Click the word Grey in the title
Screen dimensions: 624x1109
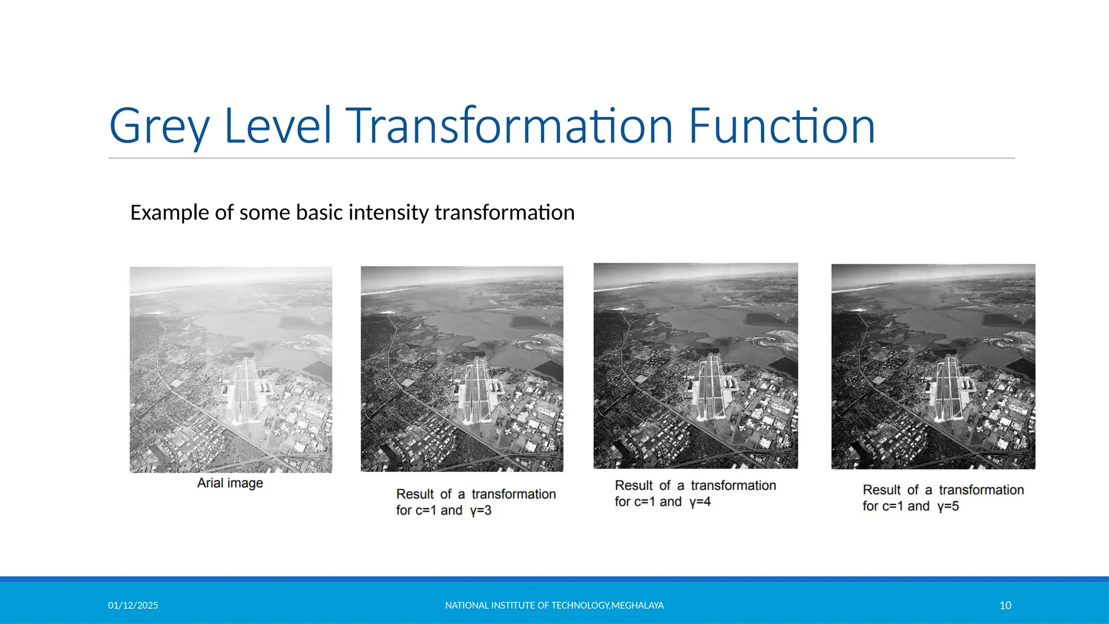[x=159, y=127]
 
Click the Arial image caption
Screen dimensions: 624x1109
[x=230, y=483]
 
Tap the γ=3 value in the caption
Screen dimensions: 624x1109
[x=481, y=511]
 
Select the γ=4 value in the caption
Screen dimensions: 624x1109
[x=700, y=502]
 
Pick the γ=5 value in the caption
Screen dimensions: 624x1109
[x=948, y=506]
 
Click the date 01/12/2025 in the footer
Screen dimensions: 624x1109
[x=133, y=606]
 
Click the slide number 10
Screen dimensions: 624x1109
[x=1005, y=606]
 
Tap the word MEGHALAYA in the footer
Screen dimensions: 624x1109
[x=637, y=606]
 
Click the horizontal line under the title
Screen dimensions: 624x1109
[x=562, y=158]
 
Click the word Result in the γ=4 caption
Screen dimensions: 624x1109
[x=634, y=486]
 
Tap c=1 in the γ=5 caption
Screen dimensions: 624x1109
[x=892, y=506]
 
